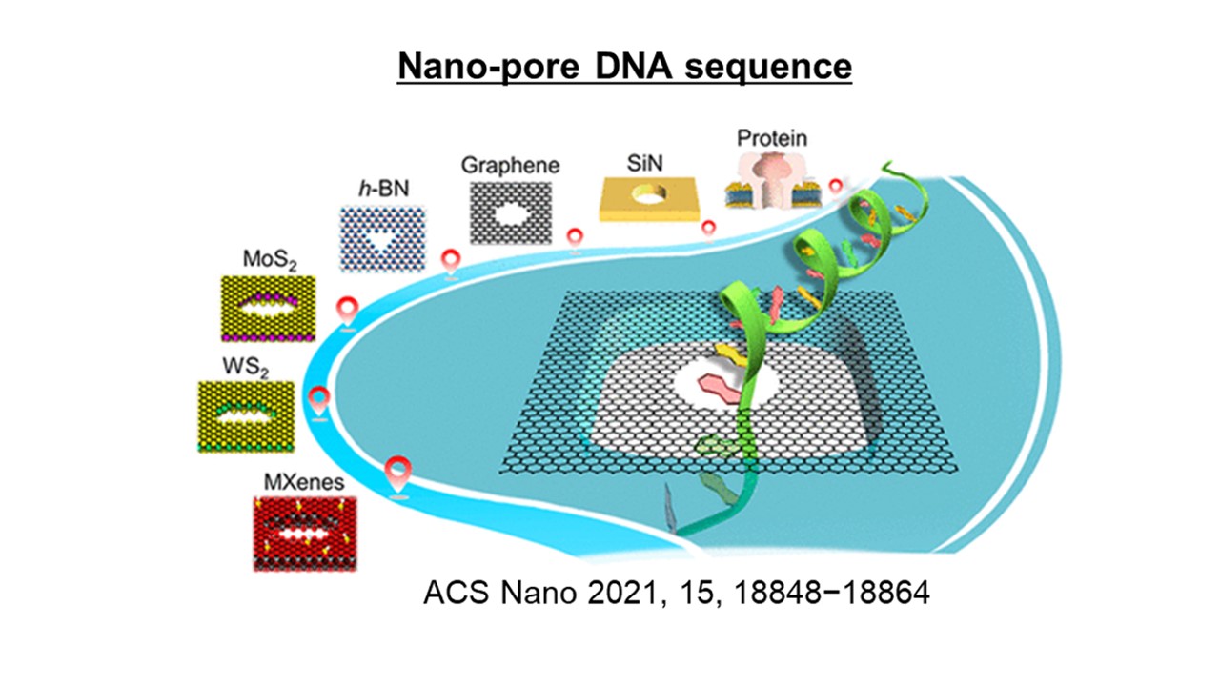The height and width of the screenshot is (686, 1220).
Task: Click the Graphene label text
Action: tap(510, 164)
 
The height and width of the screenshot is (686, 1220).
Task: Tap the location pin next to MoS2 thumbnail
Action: tap(349, 311)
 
